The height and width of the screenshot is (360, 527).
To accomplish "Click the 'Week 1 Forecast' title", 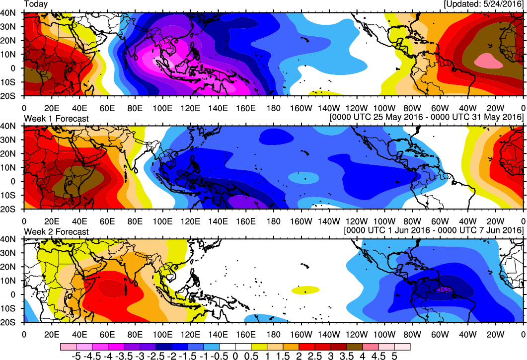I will [x=57, y=119].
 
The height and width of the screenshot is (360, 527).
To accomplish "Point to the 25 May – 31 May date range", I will [x=426, y=117].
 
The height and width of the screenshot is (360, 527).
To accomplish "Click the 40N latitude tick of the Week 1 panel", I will [x=11, y=127].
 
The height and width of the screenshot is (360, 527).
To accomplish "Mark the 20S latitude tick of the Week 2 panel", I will [x=11, y=322].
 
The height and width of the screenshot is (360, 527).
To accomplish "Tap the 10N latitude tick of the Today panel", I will [x=11, y=54].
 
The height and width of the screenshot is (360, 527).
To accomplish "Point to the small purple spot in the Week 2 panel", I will [x=442, y=289].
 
